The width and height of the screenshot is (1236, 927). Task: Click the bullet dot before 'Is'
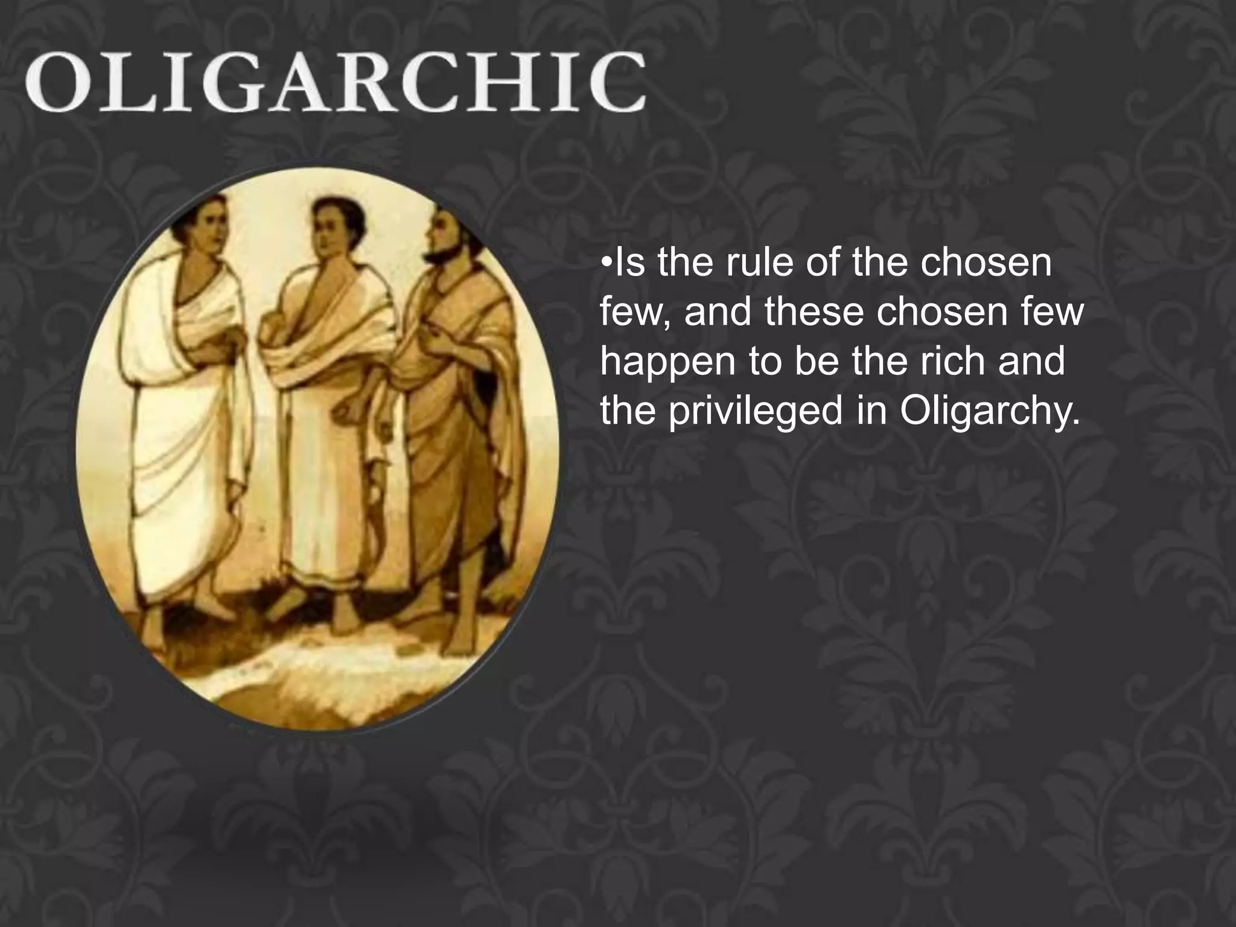[607, 264]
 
